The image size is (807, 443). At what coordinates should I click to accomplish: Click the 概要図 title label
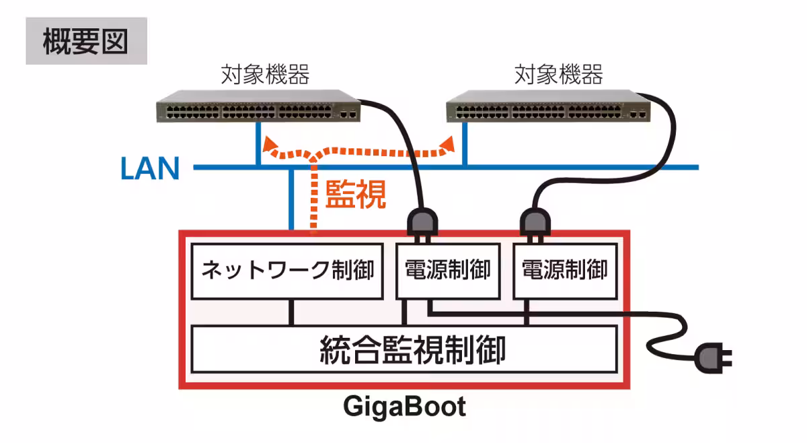(85, 42)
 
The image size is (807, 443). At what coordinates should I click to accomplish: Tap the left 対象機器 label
(266, 75)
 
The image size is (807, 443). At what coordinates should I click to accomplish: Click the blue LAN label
(150, 168)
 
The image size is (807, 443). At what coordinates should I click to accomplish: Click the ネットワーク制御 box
(288, 271)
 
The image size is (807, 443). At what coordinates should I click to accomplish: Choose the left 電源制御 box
(447, 271)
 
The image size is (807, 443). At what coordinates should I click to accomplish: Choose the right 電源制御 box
(565, 271)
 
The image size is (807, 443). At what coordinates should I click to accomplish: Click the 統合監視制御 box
(404, 349)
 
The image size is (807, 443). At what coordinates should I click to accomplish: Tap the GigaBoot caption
(404, 407)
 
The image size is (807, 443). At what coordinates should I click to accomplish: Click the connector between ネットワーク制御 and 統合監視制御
(292, 312)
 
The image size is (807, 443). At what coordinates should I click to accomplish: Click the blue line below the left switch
(258, 145)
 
